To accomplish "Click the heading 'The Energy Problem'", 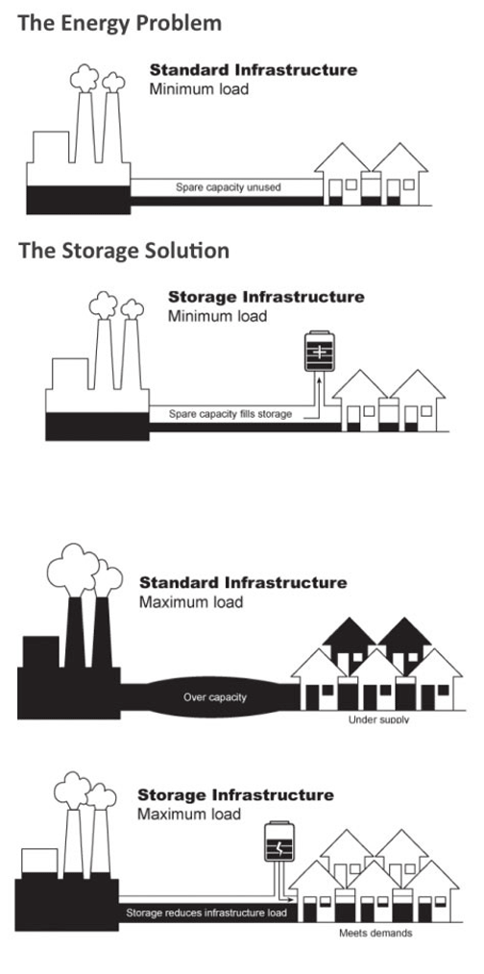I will pyautogui.click(x=119, y=22).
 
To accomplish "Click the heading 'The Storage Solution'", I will pyautogui.click(x=124, y=252).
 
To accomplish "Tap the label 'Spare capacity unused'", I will pyautogui.click(x=228, y=187).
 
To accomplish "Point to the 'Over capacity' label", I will pyautogui.click(x=214, y=696).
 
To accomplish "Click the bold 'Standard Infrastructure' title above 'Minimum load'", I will pyautogui.click(x=253, y=71).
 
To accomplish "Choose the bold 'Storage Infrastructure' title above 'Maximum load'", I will pyautogui.click(x=235, y=795).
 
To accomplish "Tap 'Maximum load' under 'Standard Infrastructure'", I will pyautogui.click(x=191, y=603).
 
